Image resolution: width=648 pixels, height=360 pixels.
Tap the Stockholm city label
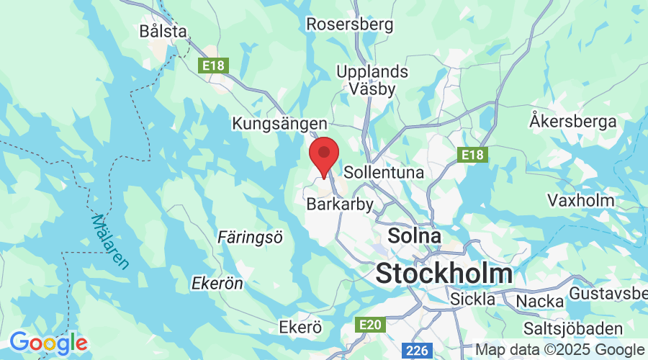click(444, 274)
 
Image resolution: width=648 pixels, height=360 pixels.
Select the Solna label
click(414, 235)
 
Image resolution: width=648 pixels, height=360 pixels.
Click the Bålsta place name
click(164, 31)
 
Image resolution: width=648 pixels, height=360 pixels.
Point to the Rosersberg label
click(350, 24)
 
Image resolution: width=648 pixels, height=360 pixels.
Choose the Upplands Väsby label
click(372, 81)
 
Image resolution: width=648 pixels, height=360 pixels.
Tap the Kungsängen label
click(279, 124)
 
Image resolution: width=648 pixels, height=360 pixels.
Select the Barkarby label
click(340, 204)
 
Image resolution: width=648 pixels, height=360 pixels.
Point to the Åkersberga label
click(573, 120)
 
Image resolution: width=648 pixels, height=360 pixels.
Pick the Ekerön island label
click(217, 284)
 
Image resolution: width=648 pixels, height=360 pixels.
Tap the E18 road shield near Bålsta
click(212, 66)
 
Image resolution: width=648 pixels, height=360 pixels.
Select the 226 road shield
click(417, 351)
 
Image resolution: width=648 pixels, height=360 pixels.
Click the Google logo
click(48, 342)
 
